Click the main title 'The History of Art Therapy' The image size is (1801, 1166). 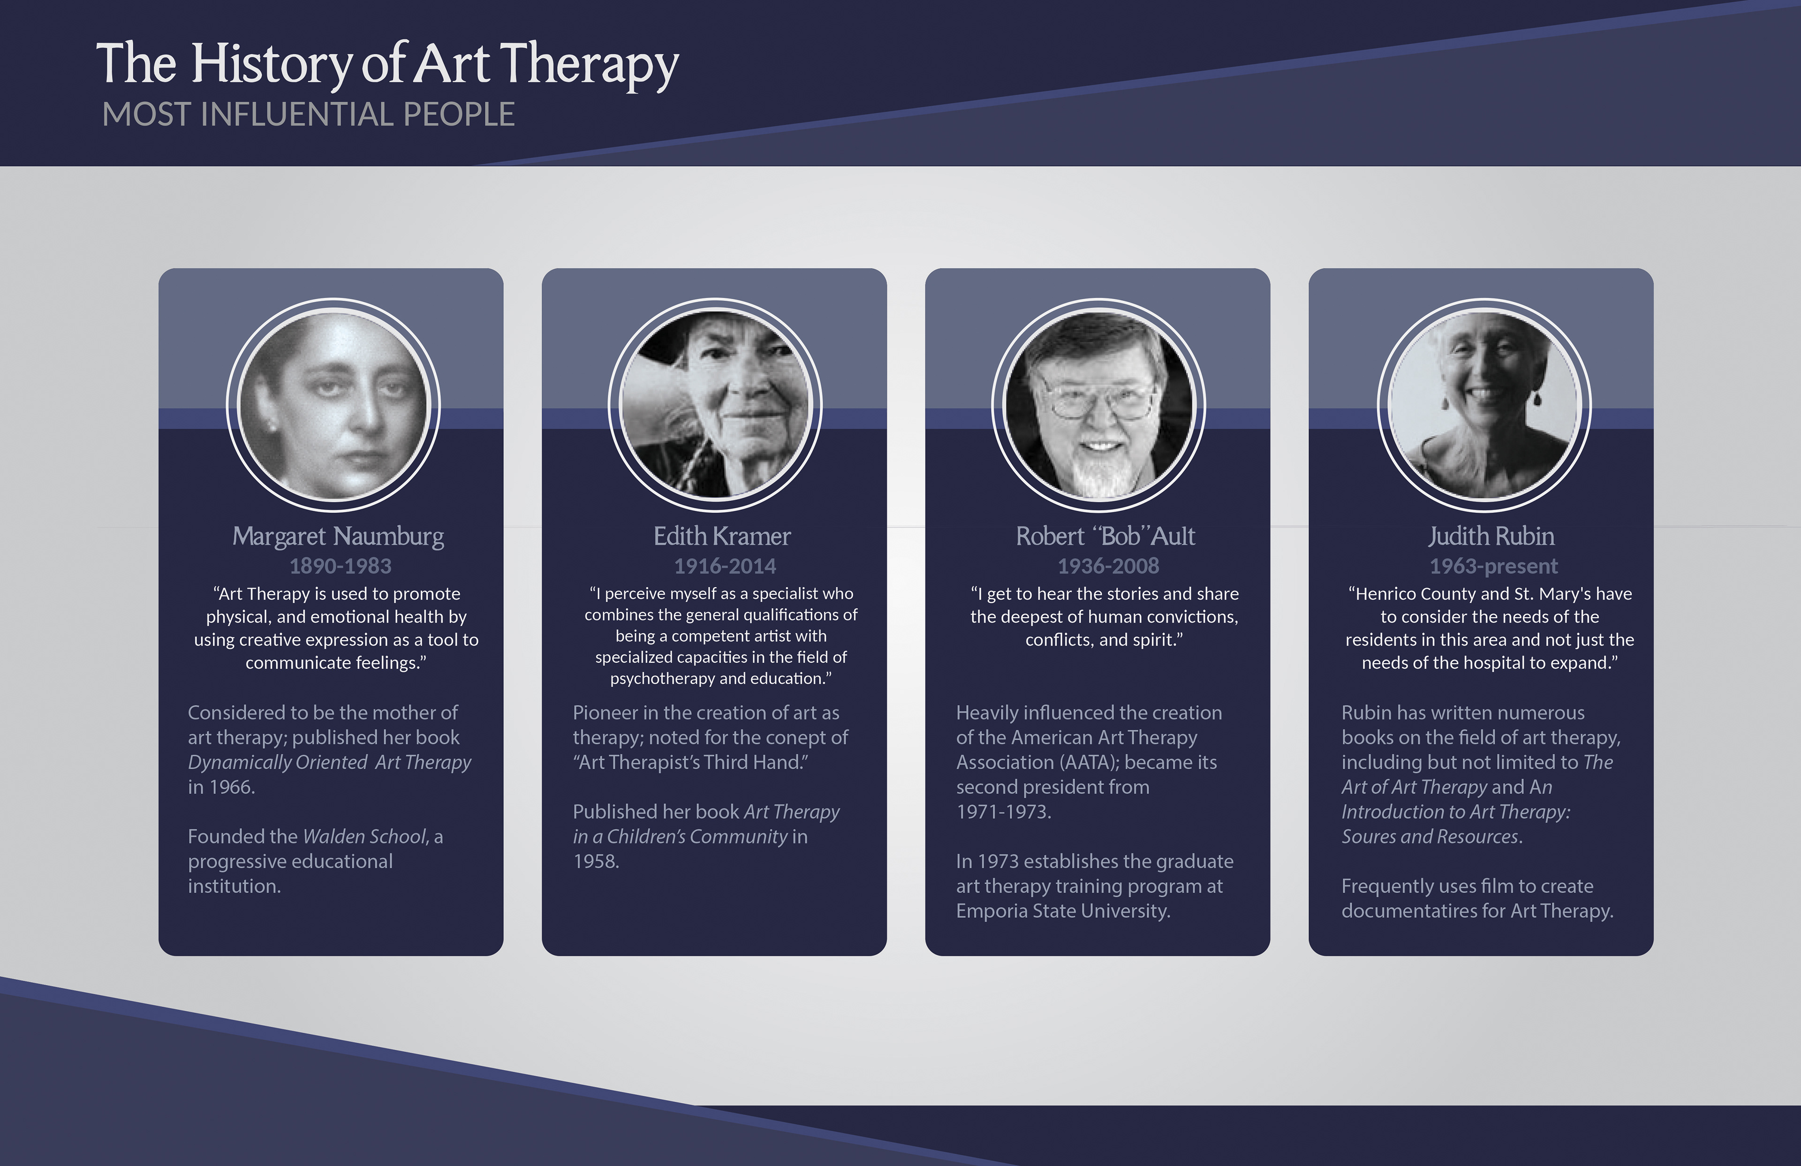pyautogui.click(x=387, y=66)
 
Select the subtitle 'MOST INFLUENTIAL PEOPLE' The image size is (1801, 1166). pyautogui.click(x=309, y=114)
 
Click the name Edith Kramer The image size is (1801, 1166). pyautogui.click(x=722, y=536)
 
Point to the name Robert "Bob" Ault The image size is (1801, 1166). pyautogui.click(x=1105, y=536)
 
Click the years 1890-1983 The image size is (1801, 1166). pyautogui.click(x=341, y=566)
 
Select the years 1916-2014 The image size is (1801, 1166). pyautogui.click(x=725, y=566)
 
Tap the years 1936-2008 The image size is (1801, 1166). pyautogui.click(x=1109, y=566)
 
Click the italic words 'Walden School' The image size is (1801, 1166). pyautogui.click(x=365, y=836)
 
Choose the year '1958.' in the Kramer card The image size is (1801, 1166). pyautogui.click(x=596, y=861)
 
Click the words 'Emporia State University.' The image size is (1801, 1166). pyautogui.click(x=1063, y=911)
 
